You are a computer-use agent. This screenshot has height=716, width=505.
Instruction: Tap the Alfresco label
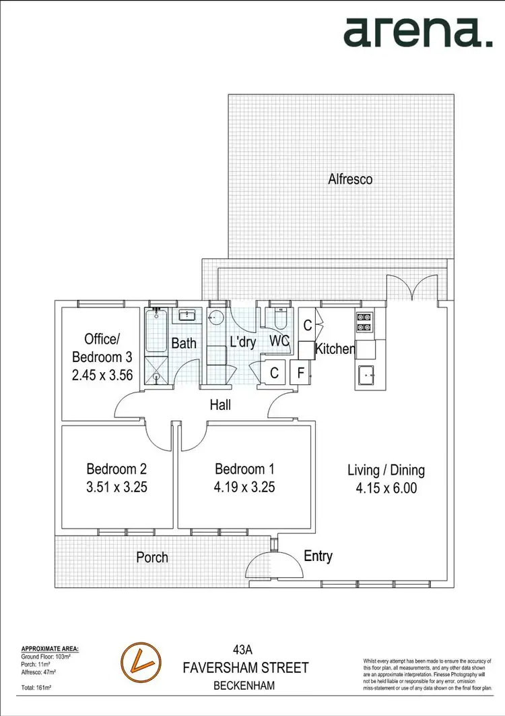coord(350,179)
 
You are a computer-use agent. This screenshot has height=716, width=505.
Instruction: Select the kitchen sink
coord(368,373)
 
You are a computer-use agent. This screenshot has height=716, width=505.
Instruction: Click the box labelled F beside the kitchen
coord(301,372)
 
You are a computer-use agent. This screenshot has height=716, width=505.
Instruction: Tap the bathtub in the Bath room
coord(156,330)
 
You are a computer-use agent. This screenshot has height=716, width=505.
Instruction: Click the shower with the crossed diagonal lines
coord(156,369)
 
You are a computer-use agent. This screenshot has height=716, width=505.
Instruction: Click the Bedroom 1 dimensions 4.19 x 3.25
coord(244,487)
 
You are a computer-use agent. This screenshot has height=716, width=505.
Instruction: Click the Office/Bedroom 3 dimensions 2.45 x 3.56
coord(102,376)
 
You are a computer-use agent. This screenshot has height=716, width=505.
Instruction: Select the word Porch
coord(152,558)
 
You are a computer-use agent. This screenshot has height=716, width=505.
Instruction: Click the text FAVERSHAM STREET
coord(246,668)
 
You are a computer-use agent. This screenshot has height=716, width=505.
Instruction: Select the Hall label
coord(220,405)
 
